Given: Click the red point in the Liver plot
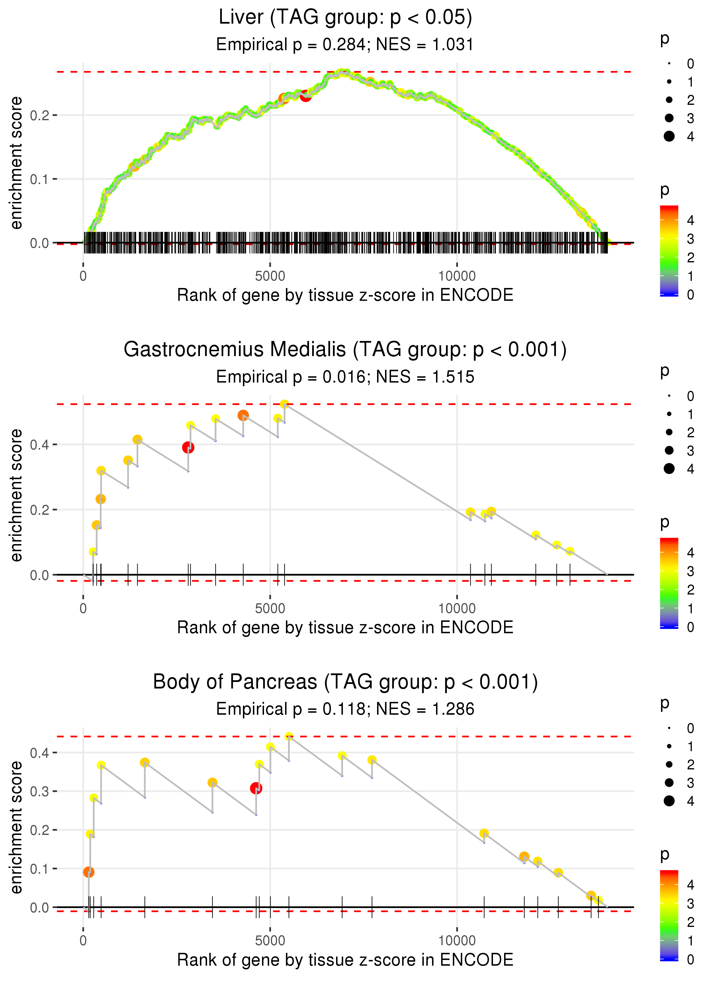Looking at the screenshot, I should click(x=306, y=96).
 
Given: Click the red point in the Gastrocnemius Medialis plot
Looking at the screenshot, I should click(x=188, y=447).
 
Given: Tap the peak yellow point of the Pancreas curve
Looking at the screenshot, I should click(x=289, y=736).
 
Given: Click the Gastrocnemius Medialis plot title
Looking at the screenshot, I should click(x=345, y=350).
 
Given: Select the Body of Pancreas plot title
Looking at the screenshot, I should click(x=345, y=682).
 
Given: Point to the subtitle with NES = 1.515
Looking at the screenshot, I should click(x=345, y=377).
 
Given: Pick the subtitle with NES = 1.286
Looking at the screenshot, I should click(x=345, y=709).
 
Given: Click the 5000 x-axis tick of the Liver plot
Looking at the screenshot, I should click(x=270, y=276).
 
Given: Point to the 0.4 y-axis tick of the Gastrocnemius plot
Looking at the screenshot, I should click(x=40, y=445).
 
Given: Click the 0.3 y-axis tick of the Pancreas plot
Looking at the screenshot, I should click(x=40, y=791).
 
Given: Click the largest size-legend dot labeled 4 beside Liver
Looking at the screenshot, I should click(x=669, y=136).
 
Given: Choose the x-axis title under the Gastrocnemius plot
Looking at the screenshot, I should click(x=345, y=628).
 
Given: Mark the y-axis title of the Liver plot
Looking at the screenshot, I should click(x=16, y=163).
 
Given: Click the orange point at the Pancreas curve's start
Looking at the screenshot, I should click(x=89, y=872).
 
